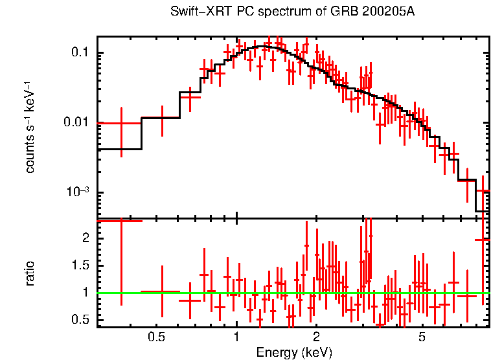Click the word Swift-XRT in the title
pyautogui.click(x=196, y=12)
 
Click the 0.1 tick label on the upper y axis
pyautogui.click(x=80, y=52)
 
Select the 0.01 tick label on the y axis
pyautogui.click(x=77, y=122)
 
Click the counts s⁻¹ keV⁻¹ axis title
pyautogui.click(x=30, y=127)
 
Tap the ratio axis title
pyautogui.click(x=30, y=274)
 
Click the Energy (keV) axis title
pyautogui.click(x=294, y=352)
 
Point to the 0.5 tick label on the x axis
pyautogui.click(x=156, y=337)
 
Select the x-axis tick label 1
pyautogui.click(x=236, y=337)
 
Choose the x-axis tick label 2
pyautogui.click(x=316, y=337)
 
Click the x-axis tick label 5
pyautogui.click(x=422, y=337)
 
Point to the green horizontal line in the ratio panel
pyautogui.click(x=291, y=293)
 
